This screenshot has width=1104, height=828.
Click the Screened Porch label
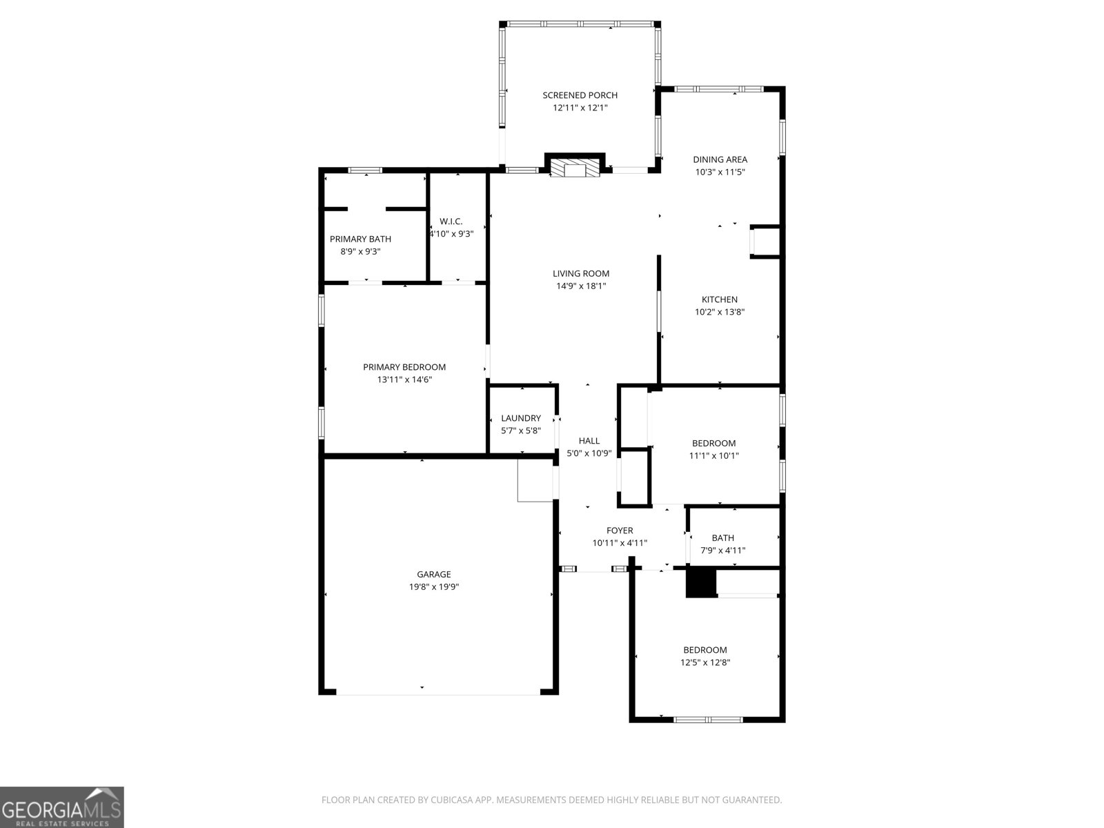[580, 95]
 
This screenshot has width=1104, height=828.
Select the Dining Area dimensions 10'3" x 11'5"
[720, 172]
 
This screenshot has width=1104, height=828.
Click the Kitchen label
[719, 299]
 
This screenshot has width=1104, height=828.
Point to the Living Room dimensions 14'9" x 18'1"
[581, 286]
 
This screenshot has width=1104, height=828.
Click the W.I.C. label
[451, 221]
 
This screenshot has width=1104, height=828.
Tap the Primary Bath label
[360, 239]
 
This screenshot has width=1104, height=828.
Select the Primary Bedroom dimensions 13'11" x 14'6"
[404, 380]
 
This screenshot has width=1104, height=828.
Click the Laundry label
[521, 418]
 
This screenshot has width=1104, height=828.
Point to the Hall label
[589, 441]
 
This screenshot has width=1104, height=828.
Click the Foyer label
[620, 531]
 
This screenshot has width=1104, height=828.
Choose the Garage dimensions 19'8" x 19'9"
[434, 587]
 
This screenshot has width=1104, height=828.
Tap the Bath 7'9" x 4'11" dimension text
[723, 551]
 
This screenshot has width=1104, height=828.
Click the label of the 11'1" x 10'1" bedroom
[713, 443]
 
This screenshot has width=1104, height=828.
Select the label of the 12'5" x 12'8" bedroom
[704, 650]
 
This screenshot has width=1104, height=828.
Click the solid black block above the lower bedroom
[701, 582]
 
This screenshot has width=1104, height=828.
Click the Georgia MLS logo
[62, 807]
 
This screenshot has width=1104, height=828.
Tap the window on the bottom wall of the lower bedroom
[708, 720]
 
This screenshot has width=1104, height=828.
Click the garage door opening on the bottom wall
[438, 693]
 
